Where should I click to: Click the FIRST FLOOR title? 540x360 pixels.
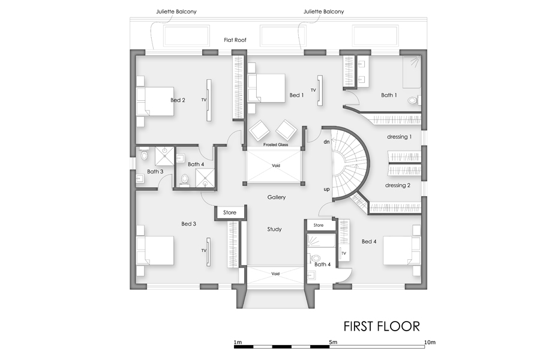[x=381, y=326]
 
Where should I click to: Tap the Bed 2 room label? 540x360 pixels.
[x=178, y=100]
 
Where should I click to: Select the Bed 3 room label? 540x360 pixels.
[x=189, y=224]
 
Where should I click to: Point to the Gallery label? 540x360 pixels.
[x=277, y=197]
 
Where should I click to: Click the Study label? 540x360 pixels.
[x=274, y=229]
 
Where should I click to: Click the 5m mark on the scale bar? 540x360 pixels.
[x=333, y=342]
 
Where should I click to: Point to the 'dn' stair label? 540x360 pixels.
[x=327, y=142]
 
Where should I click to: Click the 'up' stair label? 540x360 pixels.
[x=327, y=190]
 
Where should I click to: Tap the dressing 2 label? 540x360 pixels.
[x=398, y=185]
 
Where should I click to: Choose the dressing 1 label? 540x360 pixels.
[x=399, y=137]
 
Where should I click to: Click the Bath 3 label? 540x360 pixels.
[x=155, y=172]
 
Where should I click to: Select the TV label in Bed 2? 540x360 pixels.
[x=204, y=100]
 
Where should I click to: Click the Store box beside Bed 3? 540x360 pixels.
[x=230, y=212]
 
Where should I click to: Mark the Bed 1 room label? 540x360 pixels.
[x=296, y=95]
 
